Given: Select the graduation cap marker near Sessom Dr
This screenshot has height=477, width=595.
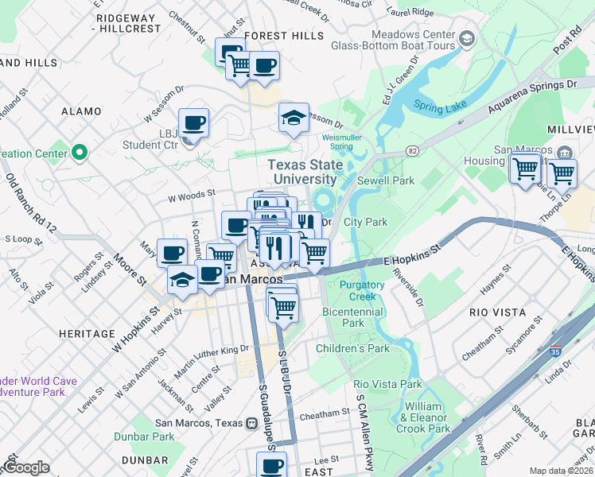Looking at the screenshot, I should [x=294, y=118].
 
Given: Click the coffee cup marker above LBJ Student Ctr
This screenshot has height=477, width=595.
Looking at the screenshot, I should [x=193, y=123].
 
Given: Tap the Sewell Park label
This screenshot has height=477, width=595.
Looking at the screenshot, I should [x=386, y=180].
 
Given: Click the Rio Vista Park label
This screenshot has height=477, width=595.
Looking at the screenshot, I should [x=387, y=384].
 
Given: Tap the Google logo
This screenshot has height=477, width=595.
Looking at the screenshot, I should [x=25, y=467].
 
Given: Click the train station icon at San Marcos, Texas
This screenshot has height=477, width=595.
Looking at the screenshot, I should [x=252, y=423].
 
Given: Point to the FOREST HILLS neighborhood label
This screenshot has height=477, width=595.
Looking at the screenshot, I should [x=274, y=36].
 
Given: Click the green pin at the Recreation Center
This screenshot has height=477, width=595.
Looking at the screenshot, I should [x=79, y=152].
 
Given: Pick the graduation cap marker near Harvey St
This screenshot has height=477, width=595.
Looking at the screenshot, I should [x=182, y=279].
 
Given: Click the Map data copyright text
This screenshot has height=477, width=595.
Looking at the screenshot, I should [x=561, y=471].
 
